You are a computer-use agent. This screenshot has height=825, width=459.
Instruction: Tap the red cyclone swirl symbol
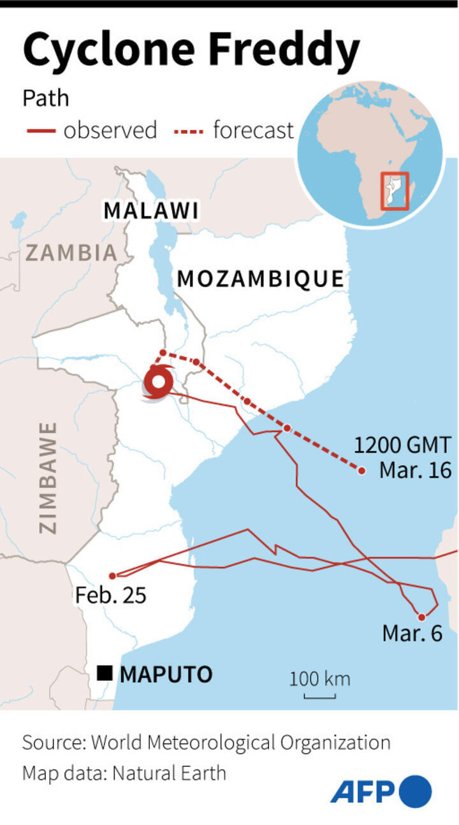[x=157, y=384]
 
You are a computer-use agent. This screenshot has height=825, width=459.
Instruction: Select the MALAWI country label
[x=151, y=210]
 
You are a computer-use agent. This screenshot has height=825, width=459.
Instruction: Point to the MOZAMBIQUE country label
[x=260, y=279]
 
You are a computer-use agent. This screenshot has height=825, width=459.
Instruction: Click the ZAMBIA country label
[x=71, y=253]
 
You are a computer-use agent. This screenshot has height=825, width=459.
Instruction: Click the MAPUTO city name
[x=166, y=674]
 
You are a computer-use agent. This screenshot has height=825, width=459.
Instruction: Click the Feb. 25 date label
[x=110, y=595]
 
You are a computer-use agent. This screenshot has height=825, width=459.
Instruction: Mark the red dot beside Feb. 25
[x=113, y=576]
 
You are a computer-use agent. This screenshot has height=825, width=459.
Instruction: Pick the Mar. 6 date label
[x=412, y=634]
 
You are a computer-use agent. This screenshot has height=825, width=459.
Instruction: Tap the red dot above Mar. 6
[x=421, y=617]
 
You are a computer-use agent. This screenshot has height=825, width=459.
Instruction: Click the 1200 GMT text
[x=403, y=444]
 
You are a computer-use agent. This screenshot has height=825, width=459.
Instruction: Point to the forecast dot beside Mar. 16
[x=361, y=471]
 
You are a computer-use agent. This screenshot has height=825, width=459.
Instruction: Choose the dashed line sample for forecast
[x=188, y=131]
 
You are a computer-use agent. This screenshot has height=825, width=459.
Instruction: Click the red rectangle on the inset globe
[x=394, y=191]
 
